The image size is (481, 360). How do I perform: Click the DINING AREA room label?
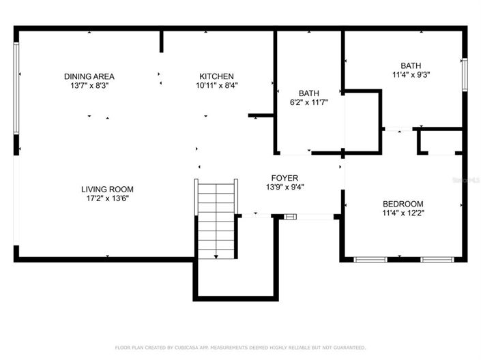coord(89,76)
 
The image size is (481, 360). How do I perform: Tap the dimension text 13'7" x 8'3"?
coord(89,86)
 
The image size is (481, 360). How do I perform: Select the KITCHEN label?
coord(216,76)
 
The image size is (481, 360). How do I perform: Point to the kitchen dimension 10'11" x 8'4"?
coord(216,86)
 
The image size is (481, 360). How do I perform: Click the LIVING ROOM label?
coord(107,189)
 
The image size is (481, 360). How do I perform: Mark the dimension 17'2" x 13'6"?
coord(107,198)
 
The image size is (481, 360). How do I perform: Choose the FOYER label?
coord(284,177)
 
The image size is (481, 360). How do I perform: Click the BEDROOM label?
coord(403,203)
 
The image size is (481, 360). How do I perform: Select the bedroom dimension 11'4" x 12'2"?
coord(403,213)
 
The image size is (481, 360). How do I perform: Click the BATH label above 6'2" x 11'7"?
coord(309,93)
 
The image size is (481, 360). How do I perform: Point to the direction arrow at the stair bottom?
coord(216,256)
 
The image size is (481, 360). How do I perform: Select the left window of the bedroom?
coord(370,259)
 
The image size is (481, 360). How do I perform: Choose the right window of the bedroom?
coord(437,259)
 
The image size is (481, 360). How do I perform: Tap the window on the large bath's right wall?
coord(466,74)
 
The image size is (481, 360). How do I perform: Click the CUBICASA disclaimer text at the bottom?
coord(240,348)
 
